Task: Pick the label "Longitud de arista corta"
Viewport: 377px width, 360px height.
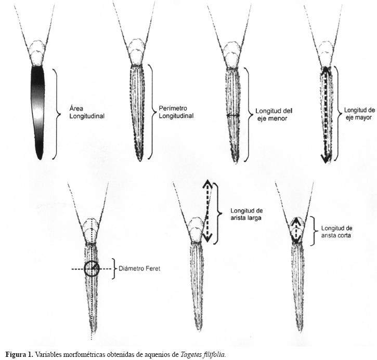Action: (337, 232)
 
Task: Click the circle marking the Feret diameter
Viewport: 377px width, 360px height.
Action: (92, 269)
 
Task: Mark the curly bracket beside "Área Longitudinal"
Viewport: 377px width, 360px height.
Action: (56, 113)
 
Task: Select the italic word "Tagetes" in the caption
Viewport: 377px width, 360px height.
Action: (189, 355)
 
